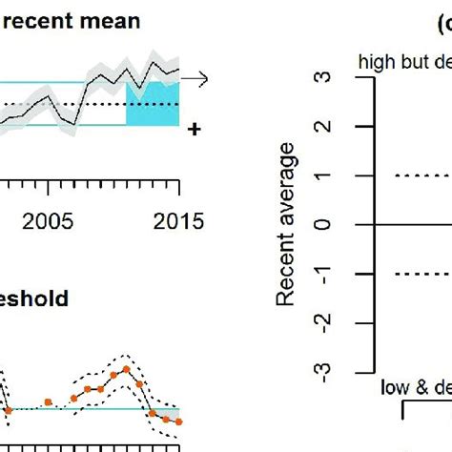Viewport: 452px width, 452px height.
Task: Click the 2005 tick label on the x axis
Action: pos(49,221)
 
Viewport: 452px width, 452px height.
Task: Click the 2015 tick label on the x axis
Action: pos(178,221)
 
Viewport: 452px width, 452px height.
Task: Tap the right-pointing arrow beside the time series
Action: pos(195,79)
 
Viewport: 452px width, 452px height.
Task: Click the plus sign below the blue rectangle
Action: pos(195,129)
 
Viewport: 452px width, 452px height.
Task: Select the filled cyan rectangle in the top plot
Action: pos(153,103)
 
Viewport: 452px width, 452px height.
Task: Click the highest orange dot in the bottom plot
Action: pos(125,369)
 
